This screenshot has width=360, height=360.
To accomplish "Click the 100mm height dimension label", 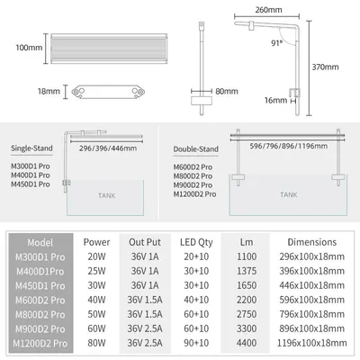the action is (29, 48).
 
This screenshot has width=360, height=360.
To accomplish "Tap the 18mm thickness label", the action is (49, 91).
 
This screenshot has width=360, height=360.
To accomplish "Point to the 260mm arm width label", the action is (268, 10).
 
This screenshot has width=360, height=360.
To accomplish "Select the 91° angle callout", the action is (277, 43).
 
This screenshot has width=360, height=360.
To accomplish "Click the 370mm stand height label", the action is (325, 67).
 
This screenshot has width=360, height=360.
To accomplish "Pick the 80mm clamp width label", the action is (227, 91).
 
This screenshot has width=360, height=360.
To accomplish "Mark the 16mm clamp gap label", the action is (275, 100).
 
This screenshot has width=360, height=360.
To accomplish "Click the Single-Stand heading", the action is (31, 148).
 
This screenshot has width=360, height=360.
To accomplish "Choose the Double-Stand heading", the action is (196, 149).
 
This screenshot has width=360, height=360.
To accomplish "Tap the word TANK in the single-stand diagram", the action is (106, 196).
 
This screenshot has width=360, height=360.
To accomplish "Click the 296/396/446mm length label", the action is (108, 148).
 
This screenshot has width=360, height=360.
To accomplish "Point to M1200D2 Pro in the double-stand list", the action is (194, 194).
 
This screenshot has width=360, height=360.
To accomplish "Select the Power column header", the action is (96, 242).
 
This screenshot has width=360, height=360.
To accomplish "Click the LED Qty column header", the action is (196, 242).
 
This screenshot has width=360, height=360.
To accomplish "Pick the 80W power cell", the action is (96, 343).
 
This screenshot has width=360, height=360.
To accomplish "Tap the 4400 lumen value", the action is (247, 343).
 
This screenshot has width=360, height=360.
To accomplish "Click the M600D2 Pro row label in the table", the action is (40, 300).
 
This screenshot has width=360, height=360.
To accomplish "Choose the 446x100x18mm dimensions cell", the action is (312, 285).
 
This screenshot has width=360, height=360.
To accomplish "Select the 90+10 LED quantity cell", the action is (196, 343).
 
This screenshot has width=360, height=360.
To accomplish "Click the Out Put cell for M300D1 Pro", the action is (145, 256).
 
